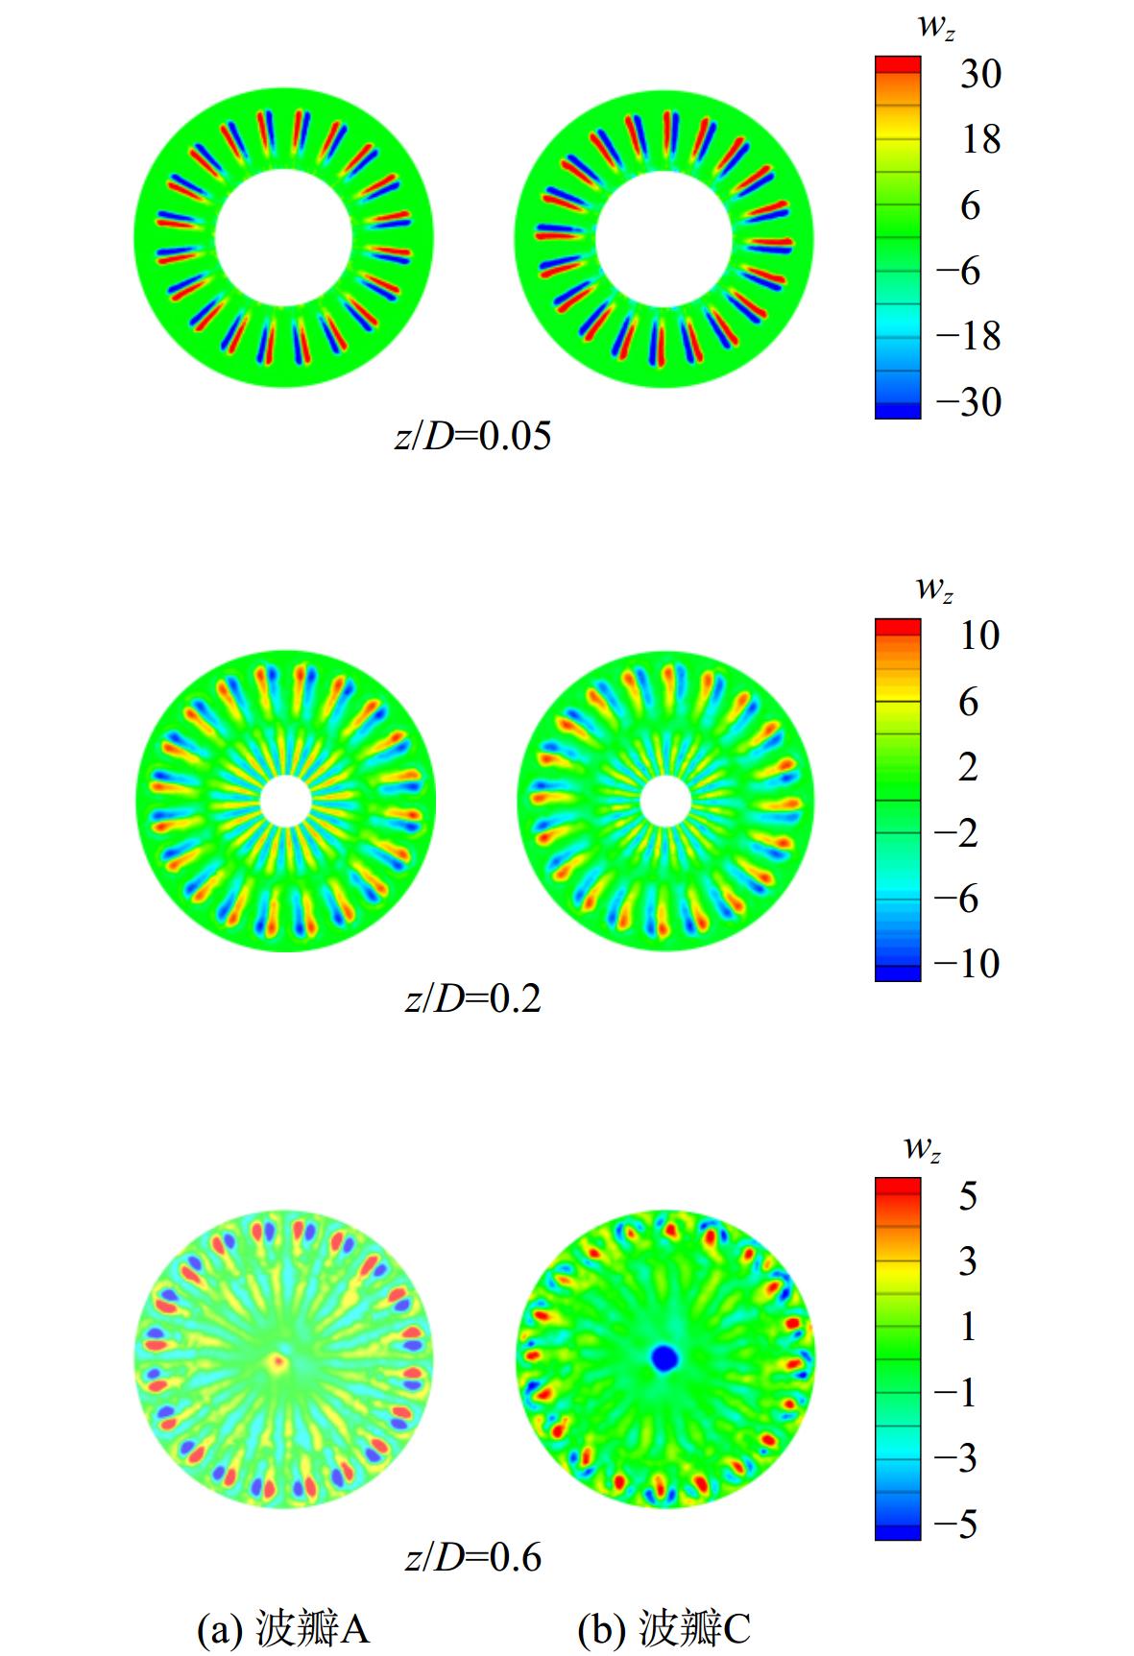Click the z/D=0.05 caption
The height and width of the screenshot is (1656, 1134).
(473, 437)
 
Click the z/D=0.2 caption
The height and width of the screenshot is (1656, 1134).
(473, 999)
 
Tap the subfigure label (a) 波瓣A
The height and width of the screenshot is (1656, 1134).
(283, 1628)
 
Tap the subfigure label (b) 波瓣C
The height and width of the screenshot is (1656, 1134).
(664, 1628)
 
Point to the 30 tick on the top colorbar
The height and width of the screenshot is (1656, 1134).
(980, 73)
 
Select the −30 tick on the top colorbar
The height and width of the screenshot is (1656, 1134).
(968, 401)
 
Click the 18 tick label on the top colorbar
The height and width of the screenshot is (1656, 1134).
(980, 139)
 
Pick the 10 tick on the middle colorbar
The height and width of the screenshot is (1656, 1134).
(979, 635)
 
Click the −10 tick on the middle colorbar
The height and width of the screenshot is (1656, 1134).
(968, 963)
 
